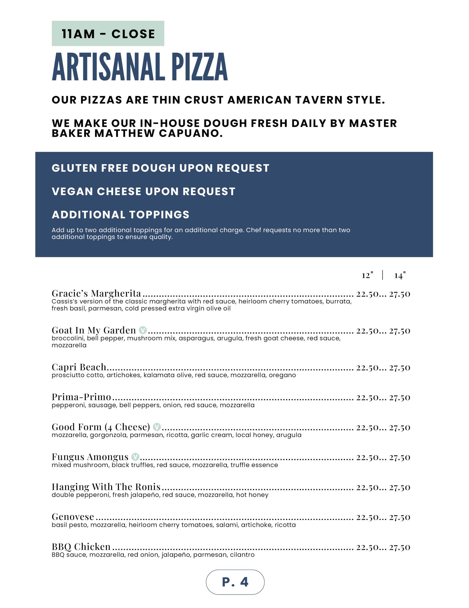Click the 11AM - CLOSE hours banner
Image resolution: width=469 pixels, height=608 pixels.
108,33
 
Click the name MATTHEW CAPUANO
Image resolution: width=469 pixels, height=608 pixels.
158,133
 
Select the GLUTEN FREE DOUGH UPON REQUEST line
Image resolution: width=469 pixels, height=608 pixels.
161,168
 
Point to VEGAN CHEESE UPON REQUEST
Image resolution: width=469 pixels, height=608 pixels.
143,191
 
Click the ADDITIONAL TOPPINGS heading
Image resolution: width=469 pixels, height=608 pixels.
120,214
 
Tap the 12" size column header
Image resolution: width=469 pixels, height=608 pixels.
367,275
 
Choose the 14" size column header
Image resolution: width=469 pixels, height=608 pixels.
400,275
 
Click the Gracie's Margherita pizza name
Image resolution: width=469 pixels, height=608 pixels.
96,293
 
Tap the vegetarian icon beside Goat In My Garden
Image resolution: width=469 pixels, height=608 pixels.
143,330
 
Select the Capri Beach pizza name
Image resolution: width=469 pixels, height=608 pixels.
79,367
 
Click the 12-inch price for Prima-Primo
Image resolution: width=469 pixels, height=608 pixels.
367,397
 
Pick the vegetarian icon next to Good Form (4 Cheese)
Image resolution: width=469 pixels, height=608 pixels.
157,427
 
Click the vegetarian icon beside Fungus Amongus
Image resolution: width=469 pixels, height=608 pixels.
135,457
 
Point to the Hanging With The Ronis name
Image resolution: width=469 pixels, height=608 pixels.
106,487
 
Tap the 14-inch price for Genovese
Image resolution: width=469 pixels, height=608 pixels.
400,517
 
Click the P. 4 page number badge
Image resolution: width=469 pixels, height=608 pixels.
235,582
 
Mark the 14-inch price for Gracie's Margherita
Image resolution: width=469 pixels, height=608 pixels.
400,294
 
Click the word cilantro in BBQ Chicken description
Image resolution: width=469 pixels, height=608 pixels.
242,555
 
